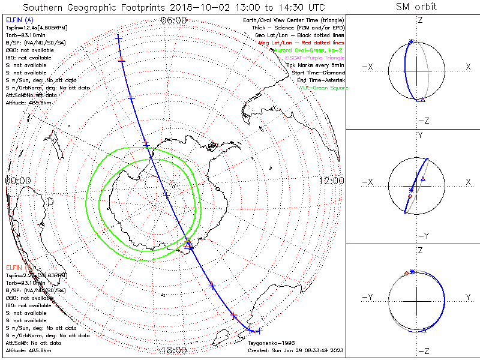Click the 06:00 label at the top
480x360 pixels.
click(x=174, y=20)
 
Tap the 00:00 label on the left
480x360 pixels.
click(x=18, y=180)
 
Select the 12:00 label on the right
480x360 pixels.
click(x=331, y=180)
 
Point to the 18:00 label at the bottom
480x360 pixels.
click(x=174, y=350)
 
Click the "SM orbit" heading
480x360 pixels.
click(x=416, y=7)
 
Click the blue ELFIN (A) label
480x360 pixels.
click(x=19, y=20)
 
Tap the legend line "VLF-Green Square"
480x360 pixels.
click(x=323, y=88)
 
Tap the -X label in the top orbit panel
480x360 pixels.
click(x=368, y=65)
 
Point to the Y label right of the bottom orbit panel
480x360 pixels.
click(x=467, y=297)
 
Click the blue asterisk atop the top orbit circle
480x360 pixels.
click(x=411, y=41)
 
